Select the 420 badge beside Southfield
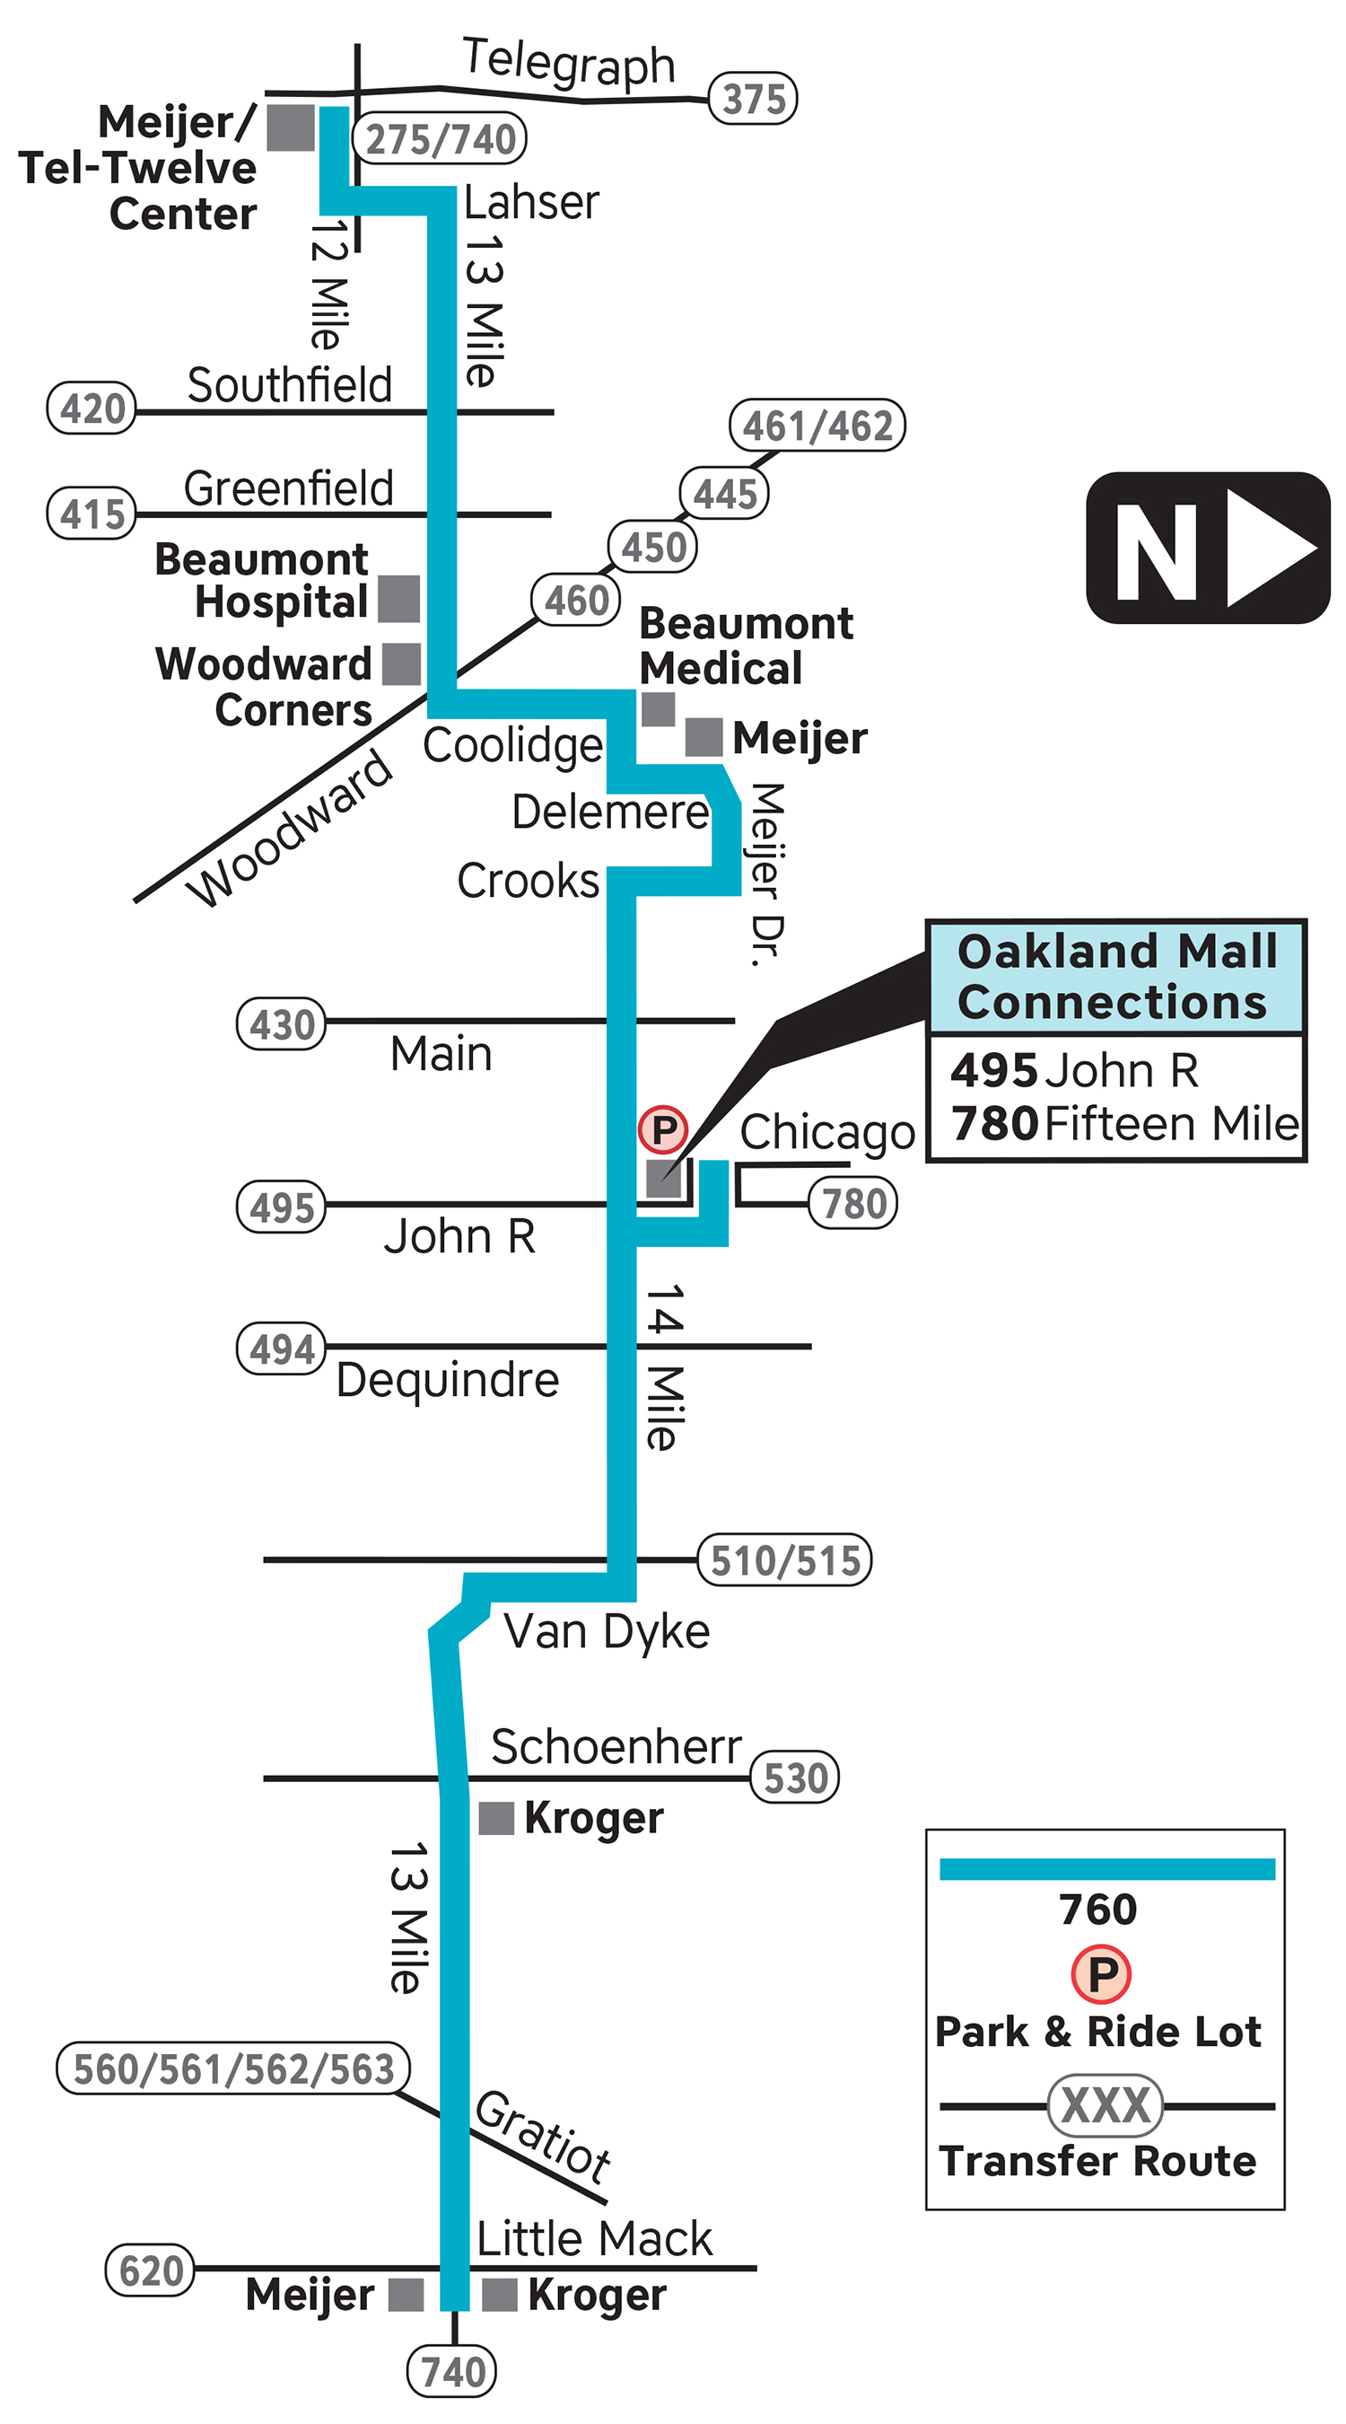point(92,408)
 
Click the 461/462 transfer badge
point(817,426)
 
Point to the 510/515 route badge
point(783,1559)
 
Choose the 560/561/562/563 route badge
point(233,2068)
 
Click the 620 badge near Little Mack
point(150,2269)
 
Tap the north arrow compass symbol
point(1207,547)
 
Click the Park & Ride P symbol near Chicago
point(662,1129)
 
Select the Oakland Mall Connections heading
point(1115,976)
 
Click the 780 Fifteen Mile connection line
point(1124,1122)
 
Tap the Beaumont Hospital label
point(262,580)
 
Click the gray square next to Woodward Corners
point(401,663)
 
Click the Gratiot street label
point(543,2134)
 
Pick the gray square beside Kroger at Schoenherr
point(495,1818)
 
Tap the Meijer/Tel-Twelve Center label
point(137,168)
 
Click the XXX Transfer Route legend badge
point(1105,2105)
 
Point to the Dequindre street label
point(448,1381)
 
